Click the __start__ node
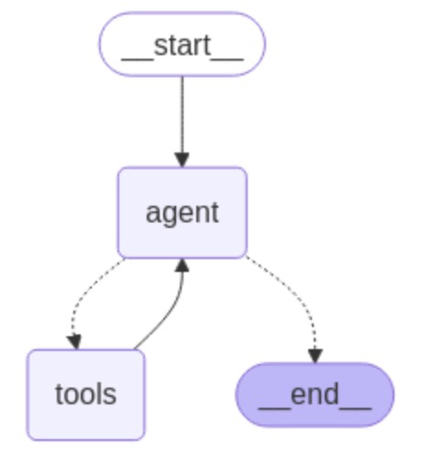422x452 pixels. point(183,44)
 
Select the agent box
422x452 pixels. point(183,213)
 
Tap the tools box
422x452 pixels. point(85,395)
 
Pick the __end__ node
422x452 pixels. point(315,395)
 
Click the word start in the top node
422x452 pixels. point(183,45)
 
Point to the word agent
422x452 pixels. point(183,213)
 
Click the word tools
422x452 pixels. point(85,394)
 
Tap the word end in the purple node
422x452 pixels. point(315,394)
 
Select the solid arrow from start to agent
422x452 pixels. point(183,121)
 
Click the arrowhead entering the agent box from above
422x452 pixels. point(183,160)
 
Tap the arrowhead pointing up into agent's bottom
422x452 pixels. point(183,266)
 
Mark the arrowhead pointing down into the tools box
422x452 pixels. point(74,343)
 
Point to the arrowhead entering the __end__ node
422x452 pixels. point(316,356)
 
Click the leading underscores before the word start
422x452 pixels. point(138,60)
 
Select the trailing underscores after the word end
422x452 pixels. point(355,408)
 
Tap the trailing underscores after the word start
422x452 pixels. point(228,60)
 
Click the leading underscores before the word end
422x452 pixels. point(274,408)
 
